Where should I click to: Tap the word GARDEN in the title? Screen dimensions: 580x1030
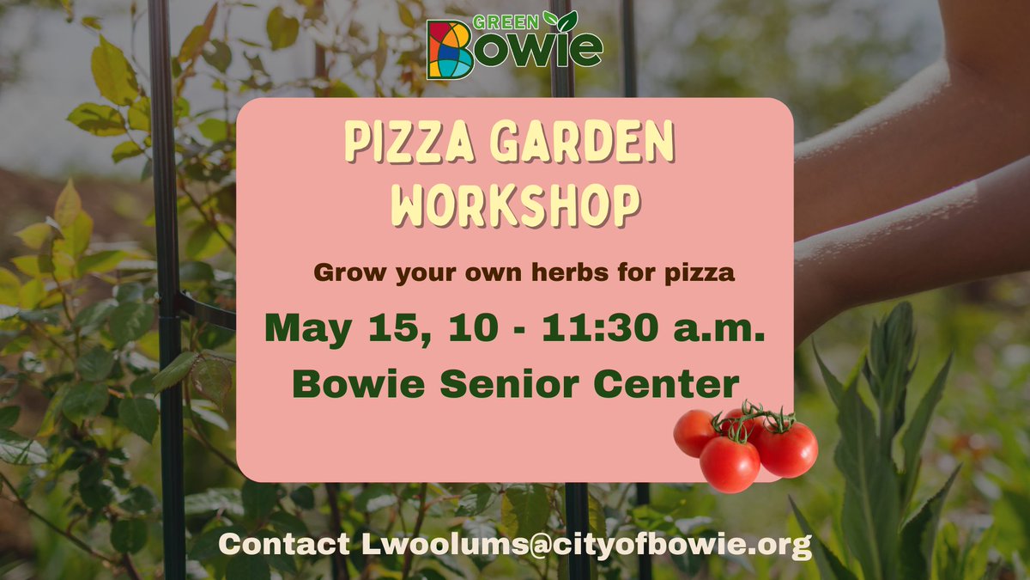589,144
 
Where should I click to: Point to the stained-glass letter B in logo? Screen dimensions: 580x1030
449,49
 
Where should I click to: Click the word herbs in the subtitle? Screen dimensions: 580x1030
520,273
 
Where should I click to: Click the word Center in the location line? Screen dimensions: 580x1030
663,383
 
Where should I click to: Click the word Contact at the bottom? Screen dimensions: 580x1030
284,544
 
